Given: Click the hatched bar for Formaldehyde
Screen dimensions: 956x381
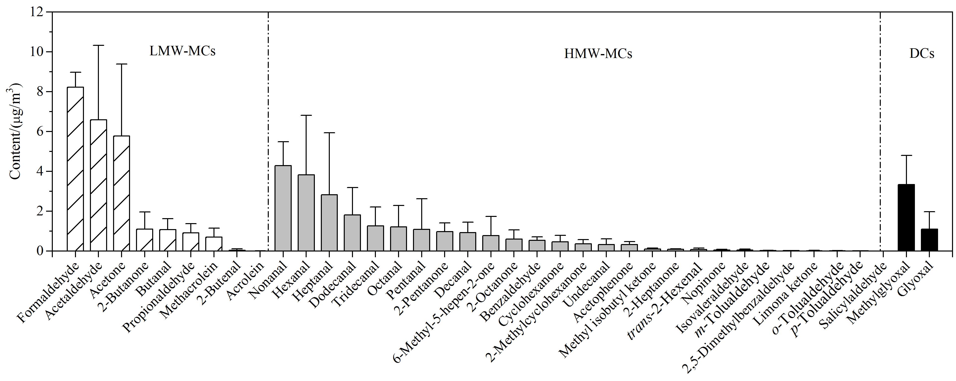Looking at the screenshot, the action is coord(75,169).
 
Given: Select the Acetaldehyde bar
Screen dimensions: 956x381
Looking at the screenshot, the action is coord(98,186).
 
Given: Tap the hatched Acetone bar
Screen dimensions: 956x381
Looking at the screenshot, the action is coord(121,194).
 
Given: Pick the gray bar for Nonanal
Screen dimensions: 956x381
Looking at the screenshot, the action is coord(283,208).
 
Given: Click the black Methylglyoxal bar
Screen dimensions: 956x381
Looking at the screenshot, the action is coord(906,218).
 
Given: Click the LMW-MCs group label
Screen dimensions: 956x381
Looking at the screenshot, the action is coord(183,52).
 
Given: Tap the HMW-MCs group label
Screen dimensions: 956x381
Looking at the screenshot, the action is coord(598,54).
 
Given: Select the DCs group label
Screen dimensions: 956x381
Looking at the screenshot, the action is coord(922,54).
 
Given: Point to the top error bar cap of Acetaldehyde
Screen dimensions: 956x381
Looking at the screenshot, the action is coord(98,45).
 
